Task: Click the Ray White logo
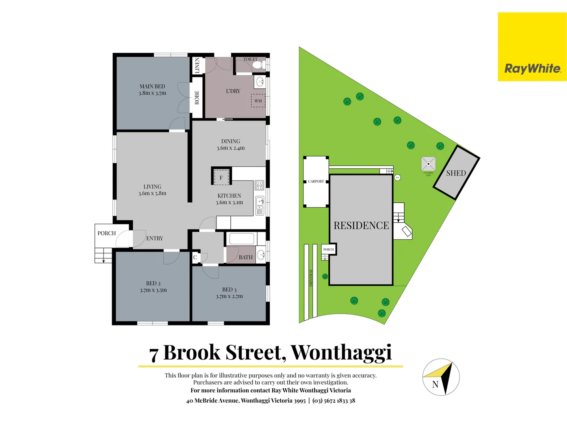click(532, 69)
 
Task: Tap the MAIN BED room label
click(152, 87)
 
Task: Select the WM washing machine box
click(258, 101)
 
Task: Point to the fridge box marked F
click(221, 177)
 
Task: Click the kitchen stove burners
click(259, 185)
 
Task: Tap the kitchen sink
click(259, 202)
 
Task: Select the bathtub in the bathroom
click(241, 239)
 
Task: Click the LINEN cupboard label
click(197, 65)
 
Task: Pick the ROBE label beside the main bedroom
click(197, 98)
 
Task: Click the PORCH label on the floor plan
click(107, 233)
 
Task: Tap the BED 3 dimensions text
click(229, 296)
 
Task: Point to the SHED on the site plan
click(456, 173)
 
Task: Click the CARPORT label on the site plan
click(316, 181)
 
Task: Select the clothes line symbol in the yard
click(428, 163)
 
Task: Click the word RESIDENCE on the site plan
click(361, 225)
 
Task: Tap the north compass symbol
click(441, 377)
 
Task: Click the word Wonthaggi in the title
click(341, 352)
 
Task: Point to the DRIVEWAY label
click(311, 277)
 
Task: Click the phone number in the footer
click(334, 401)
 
